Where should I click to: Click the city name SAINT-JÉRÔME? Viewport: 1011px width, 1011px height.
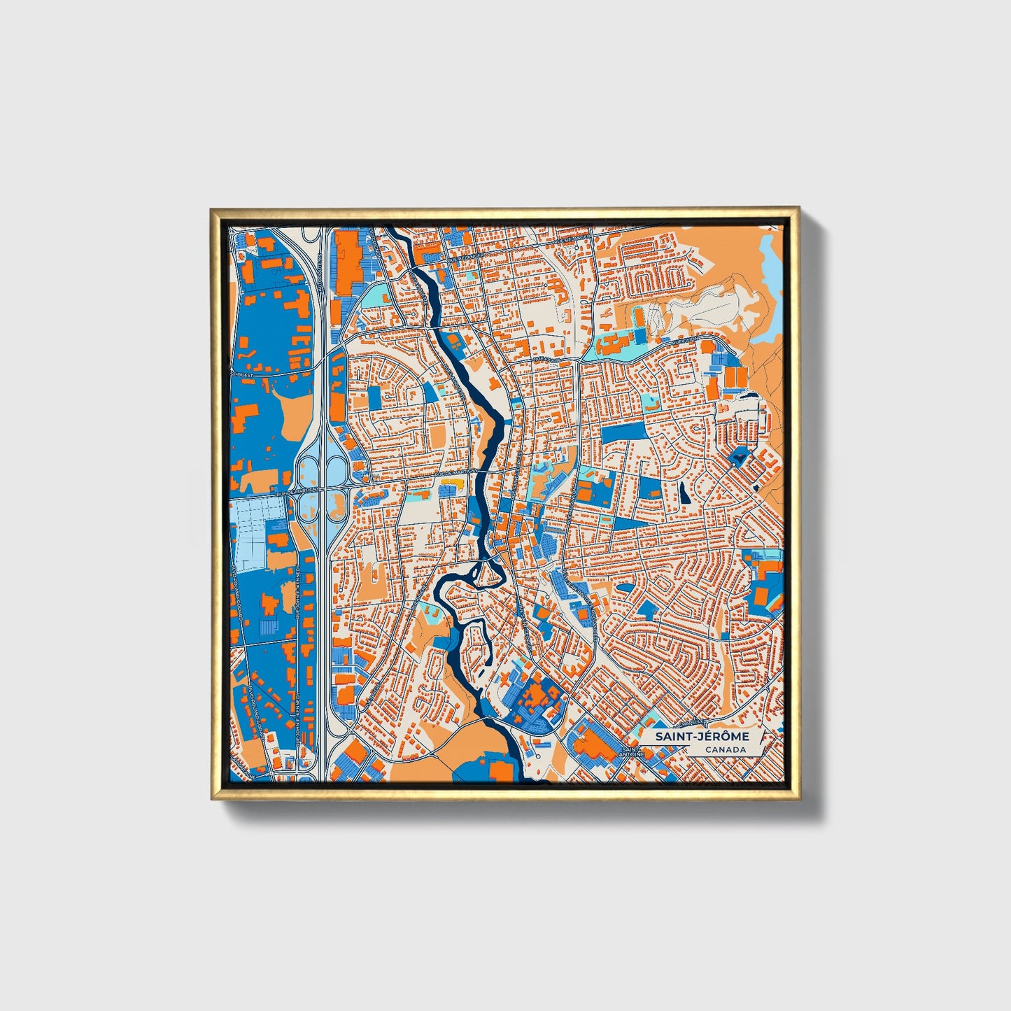pos(702,737)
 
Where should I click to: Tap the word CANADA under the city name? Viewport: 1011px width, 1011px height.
pos(725,750)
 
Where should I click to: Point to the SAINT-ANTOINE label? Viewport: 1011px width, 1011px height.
pos(631,752)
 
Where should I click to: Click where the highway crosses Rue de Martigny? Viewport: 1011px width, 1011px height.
pos(321,488)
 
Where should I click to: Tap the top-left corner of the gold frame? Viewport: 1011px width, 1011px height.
pos(212,209)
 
